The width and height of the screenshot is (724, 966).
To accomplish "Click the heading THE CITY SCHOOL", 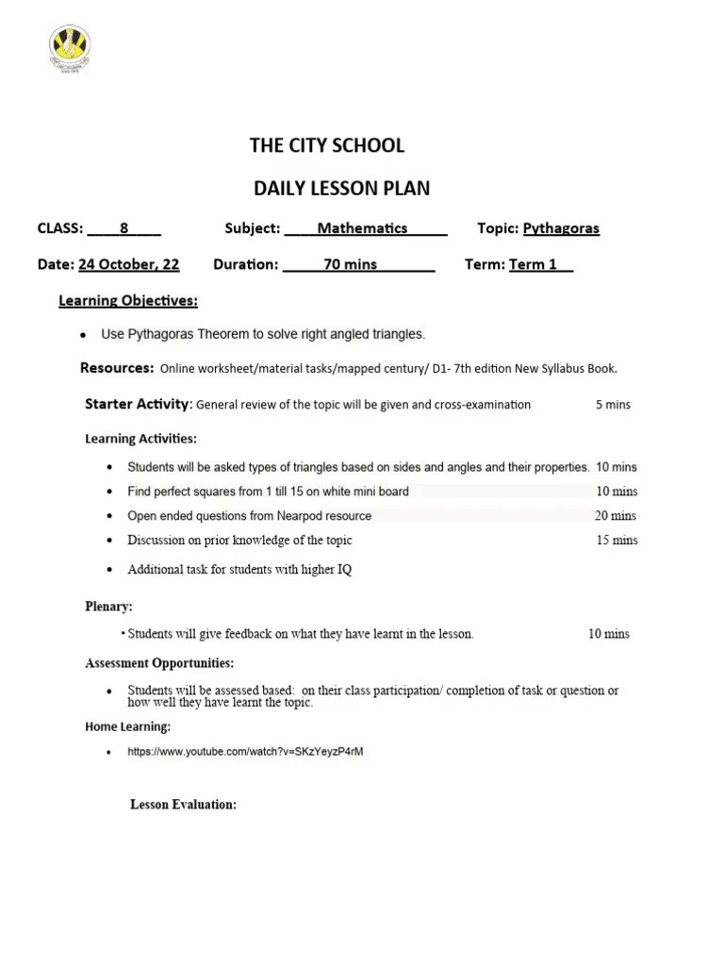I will tap(326, 145).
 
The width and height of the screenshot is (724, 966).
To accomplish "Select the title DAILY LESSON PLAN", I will tap(341, 188).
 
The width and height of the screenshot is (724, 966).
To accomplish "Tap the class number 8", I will tap(123, 228).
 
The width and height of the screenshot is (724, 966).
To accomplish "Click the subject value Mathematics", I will tap(362, 228).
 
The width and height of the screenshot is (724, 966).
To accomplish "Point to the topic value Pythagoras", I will tap(561, 228).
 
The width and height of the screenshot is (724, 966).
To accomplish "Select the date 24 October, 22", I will tap(128, 264).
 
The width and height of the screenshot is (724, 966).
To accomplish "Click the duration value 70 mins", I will tap(350, 264).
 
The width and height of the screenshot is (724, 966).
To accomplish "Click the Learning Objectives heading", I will tap(128, 301).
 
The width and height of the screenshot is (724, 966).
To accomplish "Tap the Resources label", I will tap(117, 368).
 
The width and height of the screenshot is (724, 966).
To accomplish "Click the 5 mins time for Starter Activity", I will tap(613, 405).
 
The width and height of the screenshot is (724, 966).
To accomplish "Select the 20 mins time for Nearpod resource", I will tap(616, 516).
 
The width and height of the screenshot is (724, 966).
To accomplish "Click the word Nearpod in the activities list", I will tap(300, 516).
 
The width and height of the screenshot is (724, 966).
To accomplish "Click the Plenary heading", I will tap(108, 607).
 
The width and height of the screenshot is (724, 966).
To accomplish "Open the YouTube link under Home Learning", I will tap(245, 752).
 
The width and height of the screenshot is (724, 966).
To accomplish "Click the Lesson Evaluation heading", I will tap(183, 805).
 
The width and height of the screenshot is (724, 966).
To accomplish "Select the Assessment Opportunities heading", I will tap(159, 663).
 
